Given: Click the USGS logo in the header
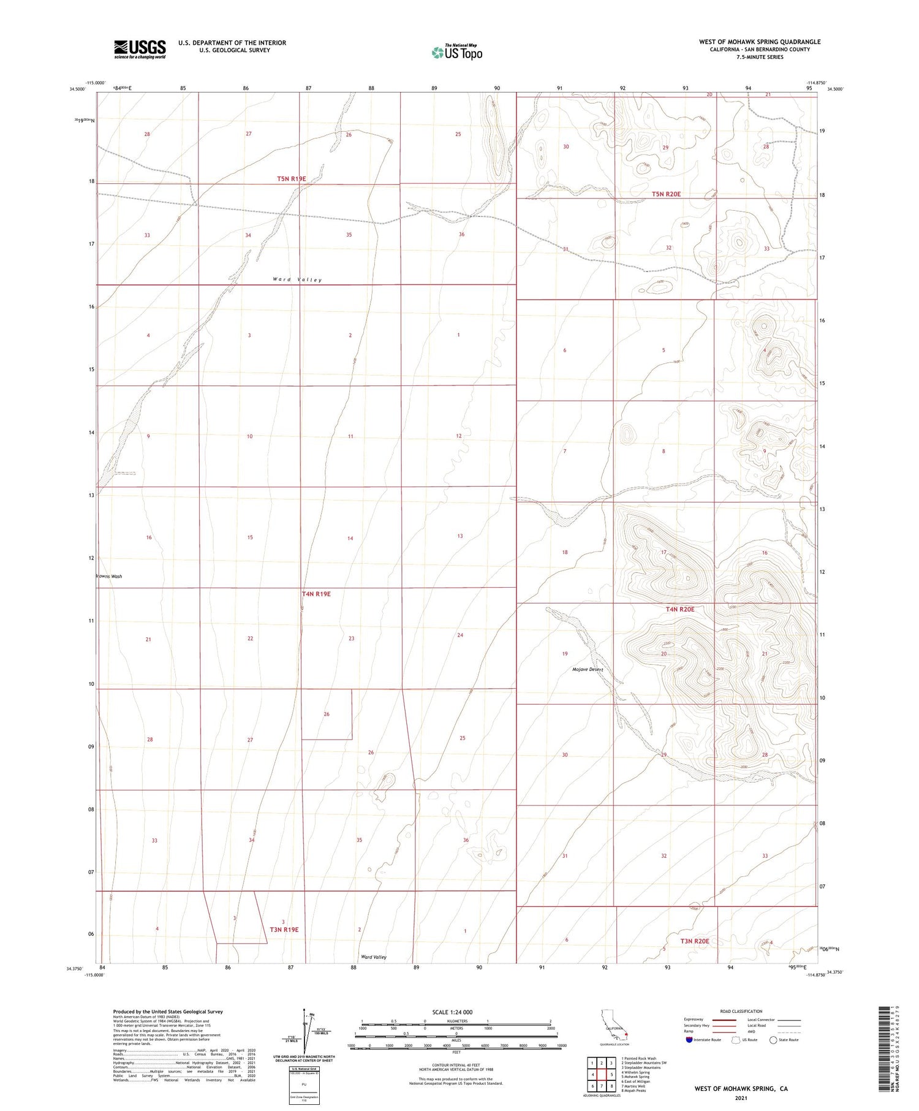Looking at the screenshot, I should point(140,49).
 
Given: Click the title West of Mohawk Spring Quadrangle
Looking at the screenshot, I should point(759,42).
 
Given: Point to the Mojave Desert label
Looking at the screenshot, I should point(588,669).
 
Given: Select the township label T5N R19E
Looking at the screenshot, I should point(291,179).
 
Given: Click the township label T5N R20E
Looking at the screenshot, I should point(666,194).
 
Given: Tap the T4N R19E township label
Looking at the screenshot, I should point(316,594).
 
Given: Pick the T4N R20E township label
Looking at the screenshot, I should point(680,609).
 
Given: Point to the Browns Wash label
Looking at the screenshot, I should point(109,577).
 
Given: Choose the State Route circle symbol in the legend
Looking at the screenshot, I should point(773,1040).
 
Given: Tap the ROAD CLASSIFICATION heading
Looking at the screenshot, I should point(741,1011).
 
